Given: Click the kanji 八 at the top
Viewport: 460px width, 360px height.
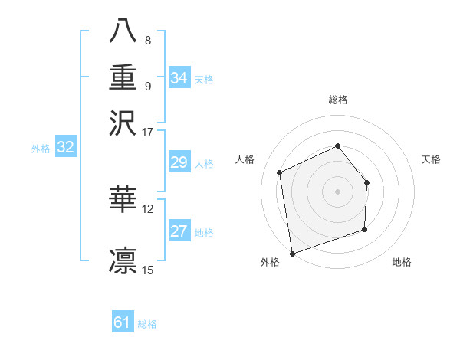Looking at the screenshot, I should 123,33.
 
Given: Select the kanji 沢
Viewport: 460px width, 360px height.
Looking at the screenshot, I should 123,123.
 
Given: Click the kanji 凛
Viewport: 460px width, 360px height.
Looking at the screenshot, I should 123,260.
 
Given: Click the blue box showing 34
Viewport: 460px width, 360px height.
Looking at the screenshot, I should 179,78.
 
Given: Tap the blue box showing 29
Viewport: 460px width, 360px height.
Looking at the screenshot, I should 179,163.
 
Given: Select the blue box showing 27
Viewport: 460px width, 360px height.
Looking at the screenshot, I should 179,232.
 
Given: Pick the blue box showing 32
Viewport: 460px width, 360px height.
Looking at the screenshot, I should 66,148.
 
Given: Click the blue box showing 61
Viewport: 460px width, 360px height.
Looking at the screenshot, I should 123,322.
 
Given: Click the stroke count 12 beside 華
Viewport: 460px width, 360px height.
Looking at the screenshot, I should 148,208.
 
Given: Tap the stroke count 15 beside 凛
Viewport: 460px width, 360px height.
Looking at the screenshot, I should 148,269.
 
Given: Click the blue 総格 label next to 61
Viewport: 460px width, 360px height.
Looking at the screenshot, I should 147,324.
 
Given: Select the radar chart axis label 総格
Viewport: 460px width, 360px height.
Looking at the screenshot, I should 338,100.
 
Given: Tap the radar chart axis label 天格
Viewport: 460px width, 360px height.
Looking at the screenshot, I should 432,159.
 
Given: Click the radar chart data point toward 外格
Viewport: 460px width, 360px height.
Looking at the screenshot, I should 291,253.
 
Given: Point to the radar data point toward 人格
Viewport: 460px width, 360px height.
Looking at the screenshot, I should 280,172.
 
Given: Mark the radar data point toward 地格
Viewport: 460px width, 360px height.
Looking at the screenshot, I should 365,229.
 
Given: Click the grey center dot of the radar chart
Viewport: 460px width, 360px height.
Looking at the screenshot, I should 337,191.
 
